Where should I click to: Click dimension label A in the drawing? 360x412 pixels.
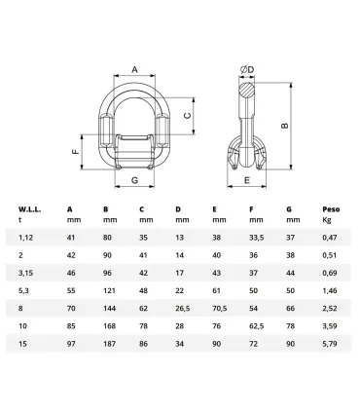[134, 69]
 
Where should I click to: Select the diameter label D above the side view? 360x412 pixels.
[250, 69]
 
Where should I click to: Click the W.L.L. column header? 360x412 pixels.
[29, 208]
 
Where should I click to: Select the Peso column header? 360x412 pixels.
[332, 208]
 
